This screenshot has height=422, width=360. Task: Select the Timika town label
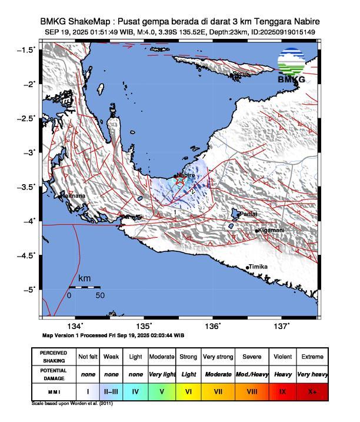[258, 267]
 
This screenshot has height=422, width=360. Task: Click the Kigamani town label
[271, 230]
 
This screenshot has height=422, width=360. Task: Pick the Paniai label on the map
[248, 214]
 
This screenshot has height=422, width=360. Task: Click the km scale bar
[84, 287]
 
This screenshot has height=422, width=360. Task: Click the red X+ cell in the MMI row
[312, 390]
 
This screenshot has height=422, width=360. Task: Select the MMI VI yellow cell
[188, 390]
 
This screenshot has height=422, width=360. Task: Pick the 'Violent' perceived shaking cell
[283, 357]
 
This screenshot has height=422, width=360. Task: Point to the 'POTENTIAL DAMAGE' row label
[54, 374]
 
